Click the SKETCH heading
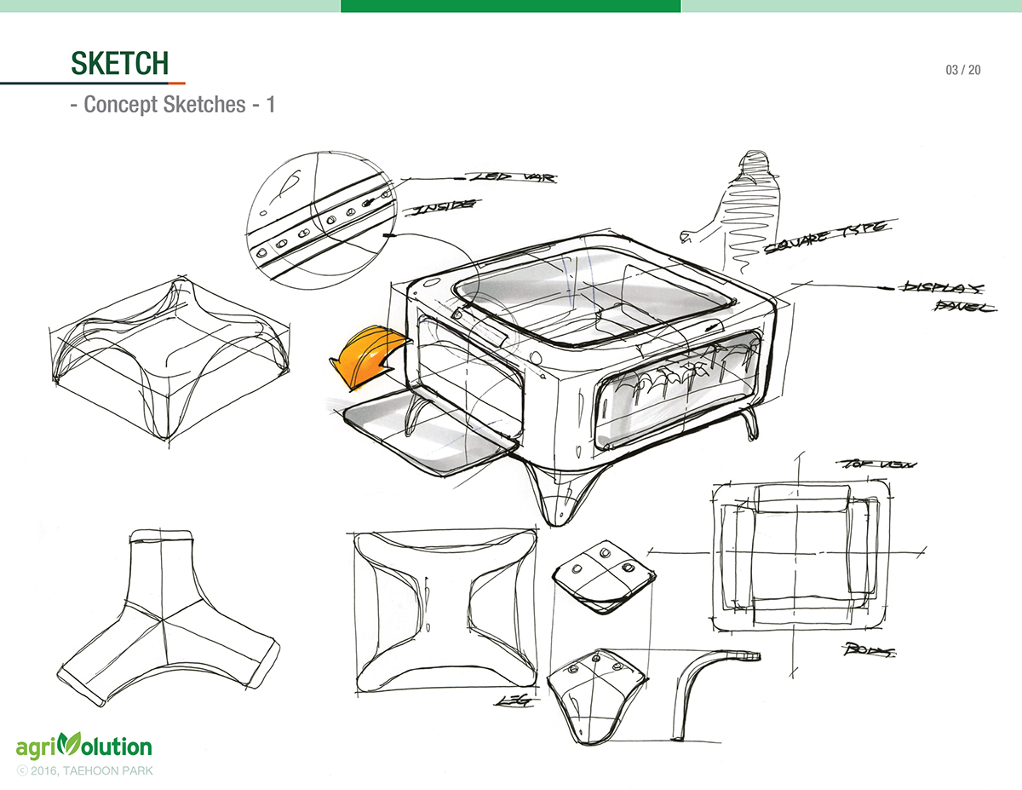pyautogui.click(x=119, y=63)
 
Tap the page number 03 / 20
pyautogui.click(x=962, y=70)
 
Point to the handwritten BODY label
pyautogui.click(x=869, y=651)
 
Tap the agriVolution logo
pyautogui.click(x=83, y=747)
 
